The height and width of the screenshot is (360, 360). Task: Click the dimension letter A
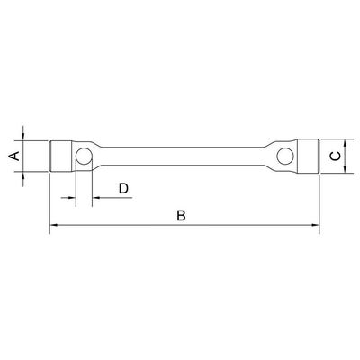14,156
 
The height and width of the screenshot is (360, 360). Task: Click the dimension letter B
181,216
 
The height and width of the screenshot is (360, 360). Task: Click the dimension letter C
336,156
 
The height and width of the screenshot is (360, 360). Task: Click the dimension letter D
123,188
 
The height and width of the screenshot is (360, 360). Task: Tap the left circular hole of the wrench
84,156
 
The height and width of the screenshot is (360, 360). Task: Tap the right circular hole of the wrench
285,156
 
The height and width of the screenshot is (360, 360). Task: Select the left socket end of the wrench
61,156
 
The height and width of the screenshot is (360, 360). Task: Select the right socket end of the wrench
308,156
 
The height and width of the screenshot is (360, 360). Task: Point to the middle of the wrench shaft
182,156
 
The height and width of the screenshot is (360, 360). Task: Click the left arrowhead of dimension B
53,225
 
